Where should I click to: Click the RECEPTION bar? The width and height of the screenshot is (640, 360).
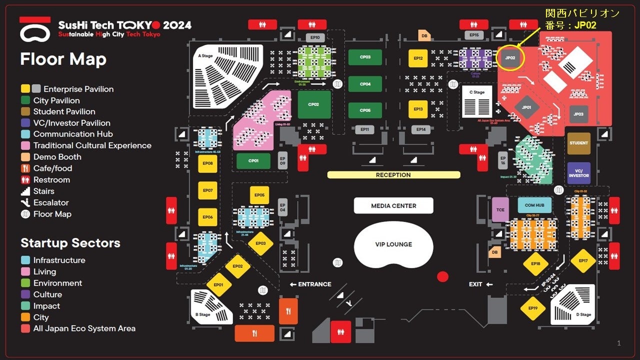click(x=393, y=175)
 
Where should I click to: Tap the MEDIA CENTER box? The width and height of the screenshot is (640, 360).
click(x=393, y=205)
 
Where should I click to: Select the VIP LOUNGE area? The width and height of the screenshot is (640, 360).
click(x=393, y=244)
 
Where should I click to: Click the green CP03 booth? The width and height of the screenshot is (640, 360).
click(x=365, y=57)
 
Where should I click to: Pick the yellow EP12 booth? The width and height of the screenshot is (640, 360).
click(x=418, y=58)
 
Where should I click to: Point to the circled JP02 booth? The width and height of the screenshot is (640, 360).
click(x=510, y=58)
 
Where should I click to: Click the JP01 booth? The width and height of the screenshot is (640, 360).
click(x=526, y=107)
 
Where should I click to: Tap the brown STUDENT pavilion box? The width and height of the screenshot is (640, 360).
click(x=578, y=143)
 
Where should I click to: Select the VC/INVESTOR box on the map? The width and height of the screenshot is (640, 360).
click(x=578, y=173)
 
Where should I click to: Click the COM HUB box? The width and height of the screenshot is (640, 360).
click(x=534, y=205)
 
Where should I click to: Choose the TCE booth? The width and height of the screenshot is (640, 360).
click(x=500, y=208)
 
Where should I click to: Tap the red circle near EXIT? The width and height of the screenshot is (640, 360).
click(x=442, y=276)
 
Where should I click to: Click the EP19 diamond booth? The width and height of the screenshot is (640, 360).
click(x=533, y=308)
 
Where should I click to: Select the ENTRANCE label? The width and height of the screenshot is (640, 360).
click(x=314, y=284)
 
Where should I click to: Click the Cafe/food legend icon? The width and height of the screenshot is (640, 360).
click(x=25, y=168)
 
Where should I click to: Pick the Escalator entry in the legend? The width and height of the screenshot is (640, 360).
click(x=51, y=202)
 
